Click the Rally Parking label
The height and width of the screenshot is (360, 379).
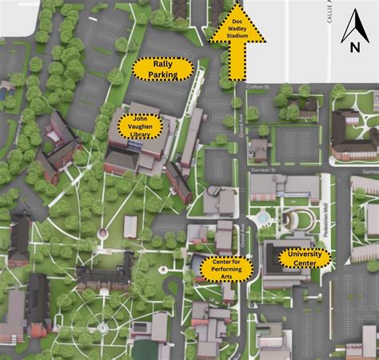coord(162,70)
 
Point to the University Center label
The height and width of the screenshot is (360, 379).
coord(305,258)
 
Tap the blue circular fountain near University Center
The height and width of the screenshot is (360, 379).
coord(263,217)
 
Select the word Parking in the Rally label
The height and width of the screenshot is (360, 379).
coord(162,74)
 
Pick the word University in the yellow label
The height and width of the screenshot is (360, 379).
coord(305,254)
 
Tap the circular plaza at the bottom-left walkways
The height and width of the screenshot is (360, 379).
coord(102,328)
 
